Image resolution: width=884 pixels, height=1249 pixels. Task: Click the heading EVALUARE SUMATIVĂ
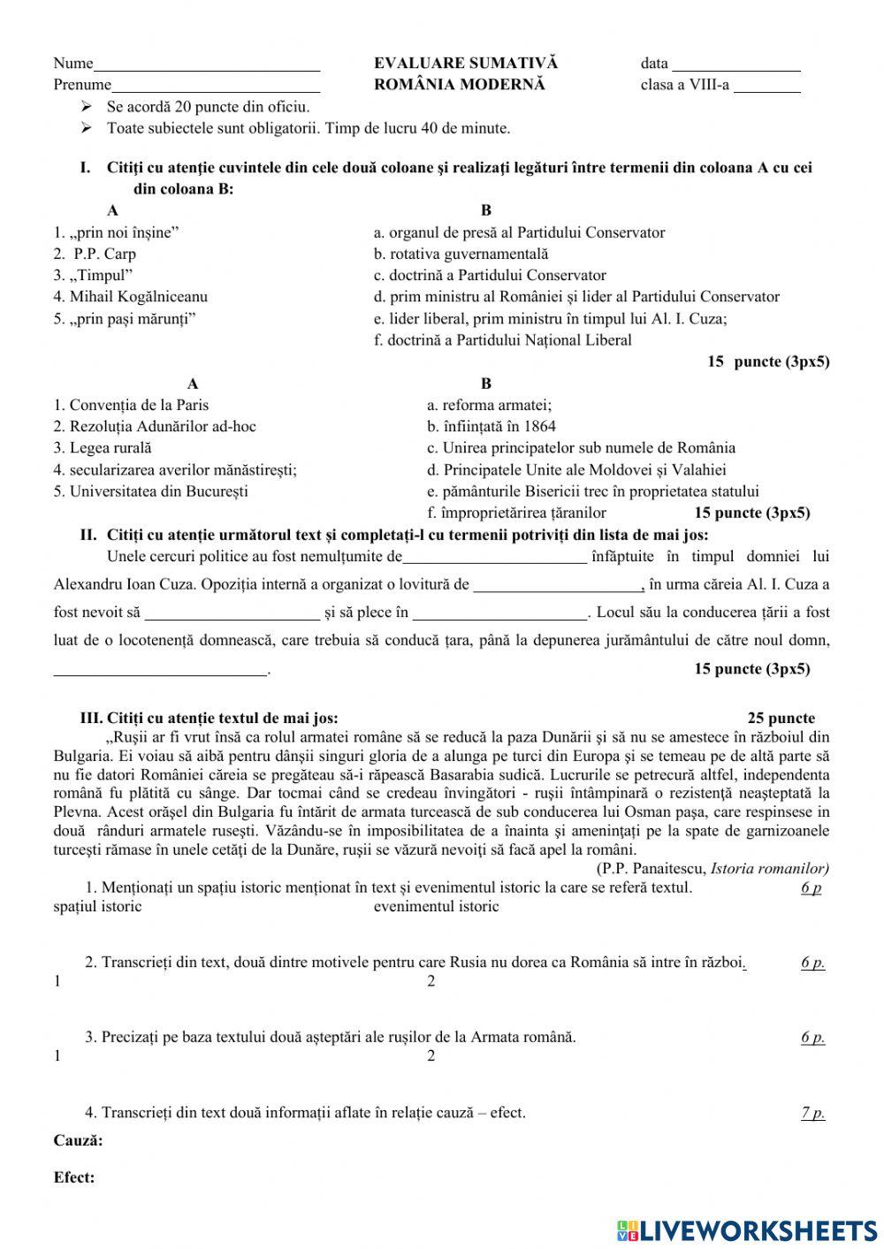pos(465,63)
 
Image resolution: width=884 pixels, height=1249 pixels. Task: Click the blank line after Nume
pos(207,65)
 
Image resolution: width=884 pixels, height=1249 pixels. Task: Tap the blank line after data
pos(735,65)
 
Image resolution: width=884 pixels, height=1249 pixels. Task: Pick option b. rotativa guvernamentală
pos(461,254)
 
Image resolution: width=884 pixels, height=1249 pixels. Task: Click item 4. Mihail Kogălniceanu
pos(130,297)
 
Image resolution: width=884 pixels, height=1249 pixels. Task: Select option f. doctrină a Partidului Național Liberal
pos(502,340)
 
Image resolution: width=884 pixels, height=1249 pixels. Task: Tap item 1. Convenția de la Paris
pos(131,405)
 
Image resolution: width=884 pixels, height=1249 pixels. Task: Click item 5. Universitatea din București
pos(150,491)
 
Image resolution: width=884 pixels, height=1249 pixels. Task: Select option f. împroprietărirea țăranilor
pos(516,513)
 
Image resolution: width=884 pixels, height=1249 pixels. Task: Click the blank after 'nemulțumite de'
pos(494,558)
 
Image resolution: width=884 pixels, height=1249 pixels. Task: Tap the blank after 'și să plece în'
pos(499,613)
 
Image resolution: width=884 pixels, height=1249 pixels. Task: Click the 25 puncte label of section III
pos(781,719)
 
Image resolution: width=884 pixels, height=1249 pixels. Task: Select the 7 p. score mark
pos(812,1113)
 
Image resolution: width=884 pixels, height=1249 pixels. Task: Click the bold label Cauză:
pos(78,1140)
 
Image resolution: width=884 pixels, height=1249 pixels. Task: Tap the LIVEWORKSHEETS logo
pos(748,1230)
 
